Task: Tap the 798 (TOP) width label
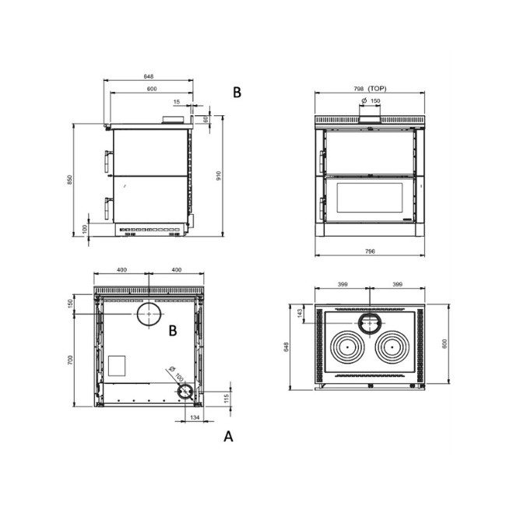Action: pyautogui.click(x=367, y=90)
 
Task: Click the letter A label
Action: pyautogui.click(x=228, y=437)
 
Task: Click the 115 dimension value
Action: pyautogui.click(x=227, y=399)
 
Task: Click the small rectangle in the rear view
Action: pyautogui.click(x=115, y=364)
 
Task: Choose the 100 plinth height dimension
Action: pyautogui.click(x=84, y=230)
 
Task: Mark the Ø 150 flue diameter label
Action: pyautogui.click(x=371, y=101)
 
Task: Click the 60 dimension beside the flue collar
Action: pyautogui.click(x=206, y=119)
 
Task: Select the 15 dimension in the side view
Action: pyautogui.click(x=176, y=102)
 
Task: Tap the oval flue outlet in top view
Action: pyautogui.click(x=369, y=322)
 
